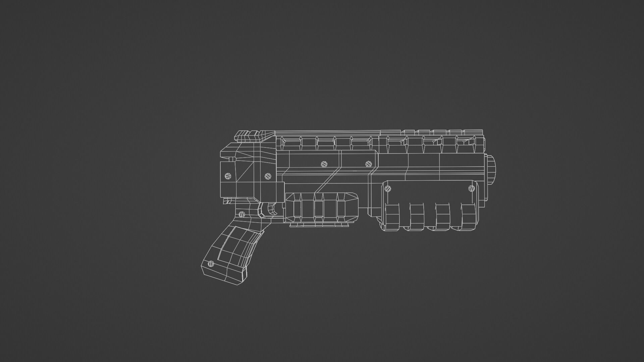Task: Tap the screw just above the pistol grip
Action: tap(242, 214)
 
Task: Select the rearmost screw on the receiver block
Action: tap(228, 176)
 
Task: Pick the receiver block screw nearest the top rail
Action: tap(267, 176)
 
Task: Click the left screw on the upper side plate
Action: tap(324, 164)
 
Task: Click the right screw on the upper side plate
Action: tap(369, 164)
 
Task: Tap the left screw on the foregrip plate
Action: tap(388, 188)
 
